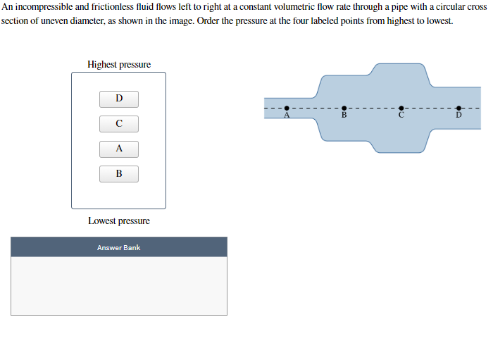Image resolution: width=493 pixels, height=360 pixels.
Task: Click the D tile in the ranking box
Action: pyautogui.click(x=119, y=99)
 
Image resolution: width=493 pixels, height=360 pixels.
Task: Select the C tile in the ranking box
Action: pyautogui.click(x=119, y=124)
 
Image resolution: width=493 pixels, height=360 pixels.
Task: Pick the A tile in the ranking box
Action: pyautogui.click(x=119, y=149)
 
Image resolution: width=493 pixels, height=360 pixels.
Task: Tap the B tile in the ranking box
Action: pyautogui.click(x=119, y=174)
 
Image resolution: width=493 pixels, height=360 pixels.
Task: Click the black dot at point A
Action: pyautogui.click(x=287, y=108)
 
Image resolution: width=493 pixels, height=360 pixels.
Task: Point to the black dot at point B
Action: pyautogui.click(x=344, y=108)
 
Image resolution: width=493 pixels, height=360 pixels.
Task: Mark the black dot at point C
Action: pyautogui.click(x=401, y=108)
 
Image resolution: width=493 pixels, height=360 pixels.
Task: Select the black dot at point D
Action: pyautogui.click(x=458, y=108)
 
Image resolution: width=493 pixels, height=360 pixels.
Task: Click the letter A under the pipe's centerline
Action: pyautogui.click(x=287, y=115)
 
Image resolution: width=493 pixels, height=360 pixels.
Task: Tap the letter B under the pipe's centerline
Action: pyautogui.click(x=344, y=115)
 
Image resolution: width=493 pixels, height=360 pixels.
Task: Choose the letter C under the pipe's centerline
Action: pyautogui.click(x=401, y=115)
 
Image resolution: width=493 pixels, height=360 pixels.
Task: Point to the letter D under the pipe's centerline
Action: pyautogui.click(x=458, y=115)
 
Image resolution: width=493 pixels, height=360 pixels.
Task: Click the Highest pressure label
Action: pyautogui.click(x=119, y=64)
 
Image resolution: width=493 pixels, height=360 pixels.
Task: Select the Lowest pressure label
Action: pyautogui.click(x=119, y=221)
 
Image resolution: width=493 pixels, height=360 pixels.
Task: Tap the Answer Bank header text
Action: pyautogui.click(x=119, y=248)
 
